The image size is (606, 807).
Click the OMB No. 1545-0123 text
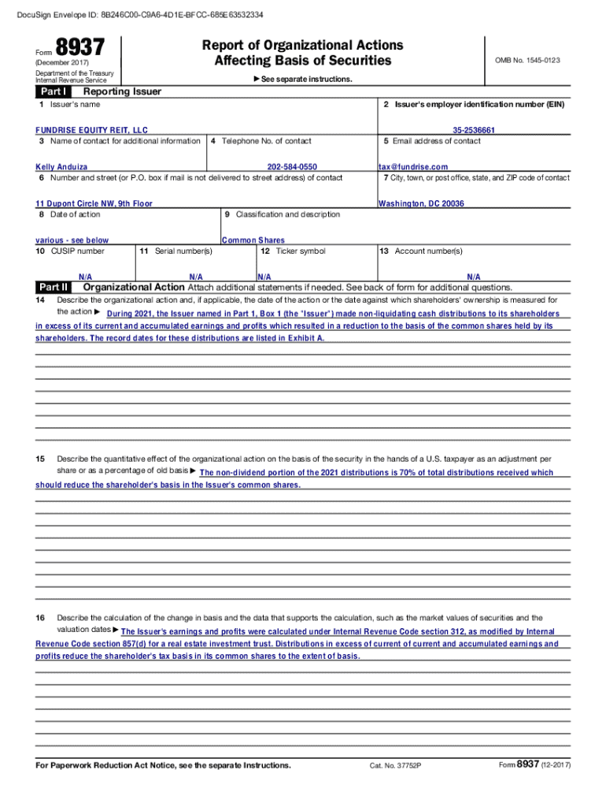pyautogui.click(x=527, y=61)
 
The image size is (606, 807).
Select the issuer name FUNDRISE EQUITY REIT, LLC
pyautogui.click(x=91, y=130)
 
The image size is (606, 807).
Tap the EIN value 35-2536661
pyautogui.click(x=474, y=130)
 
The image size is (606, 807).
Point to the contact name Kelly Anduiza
pyautogui.click(x=62, y=167)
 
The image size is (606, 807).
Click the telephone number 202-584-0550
pyautogui.click(x=292, y=167)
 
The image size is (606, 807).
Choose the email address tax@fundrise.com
pyautogui.click(x=413, y=167)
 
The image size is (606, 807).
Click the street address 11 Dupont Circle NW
pyautogui.click(x=94, y=203)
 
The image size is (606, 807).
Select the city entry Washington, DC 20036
pyautogui.click(x=421, y=203)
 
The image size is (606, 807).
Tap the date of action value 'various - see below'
pyautogui.click(x=72, y=240)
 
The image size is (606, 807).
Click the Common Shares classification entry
pyautogui.click(x=253, y=240)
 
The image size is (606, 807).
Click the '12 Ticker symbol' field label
pyautogui.click(x=294, y=251)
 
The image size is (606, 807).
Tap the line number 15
pyautogui.click(x=40, y=459)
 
